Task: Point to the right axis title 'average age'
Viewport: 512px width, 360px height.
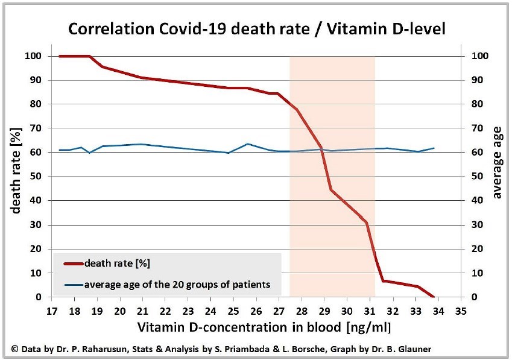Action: click(497, 176)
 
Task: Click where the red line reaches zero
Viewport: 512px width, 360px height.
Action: click(433, 296)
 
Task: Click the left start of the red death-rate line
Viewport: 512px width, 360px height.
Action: click(60, 56)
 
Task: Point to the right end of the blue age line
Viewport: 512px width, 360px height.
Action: click(434, 148)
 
